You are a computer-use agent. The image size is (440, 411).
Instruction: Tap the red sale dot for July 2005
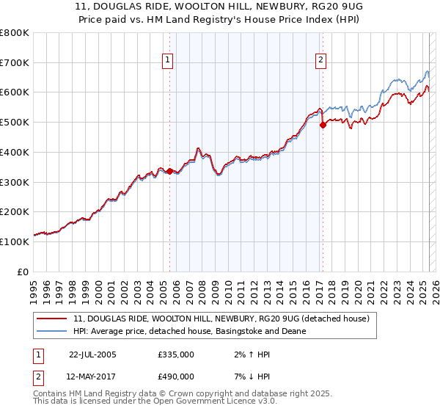[169, 171]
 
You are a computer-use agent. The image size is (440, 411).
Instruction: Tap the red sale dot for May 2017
[322, 125]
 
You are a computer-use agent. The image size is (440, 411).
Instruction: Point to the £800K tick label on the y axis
[15, 33]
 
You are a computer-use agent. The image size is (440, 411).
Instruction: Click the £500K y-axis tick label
[15, 123]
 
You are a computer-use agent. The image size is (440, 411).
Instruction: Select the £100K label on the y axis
[15, 241]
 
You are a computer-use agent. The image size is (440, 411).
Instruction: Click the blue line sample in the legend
[53, 331]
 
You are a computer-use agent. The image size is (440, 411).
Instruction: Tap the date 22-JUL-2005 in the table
[92, 354]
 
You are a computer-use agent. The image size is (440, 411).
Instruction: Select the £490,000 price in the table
[176, 376]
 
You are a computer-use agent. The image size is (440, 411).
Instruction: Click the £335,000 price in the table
[176, 354]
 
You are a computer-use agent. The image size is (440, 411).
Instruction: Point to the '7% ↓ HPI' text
[246, 376]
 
